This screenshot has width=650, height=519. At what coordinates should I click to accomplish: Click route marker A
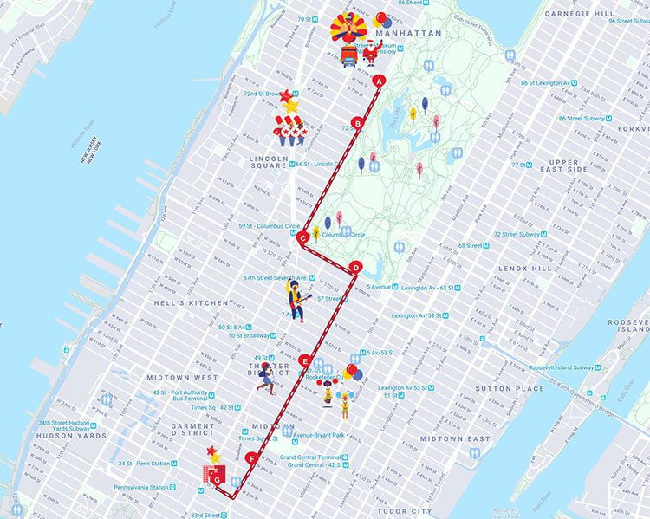pyautogui.click(x=379, y=81)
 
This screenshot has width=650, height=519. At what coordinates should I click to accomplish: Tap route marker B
pyautogui.click(x=355, y=122)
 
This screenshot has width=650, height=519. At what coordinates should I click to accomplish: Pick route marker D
pyautogui.click(x=354, y=267)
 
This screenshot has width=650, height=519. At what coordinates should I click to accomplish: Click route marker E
pyautogui.click(x=304, y=360)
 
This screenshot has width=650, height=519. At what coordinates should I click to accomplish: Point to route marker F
pyautogui.click(x=252, y=457)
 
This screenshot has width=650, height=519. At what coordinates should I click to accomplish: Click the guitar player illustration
pyautogui.click(x=297, y=301)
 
